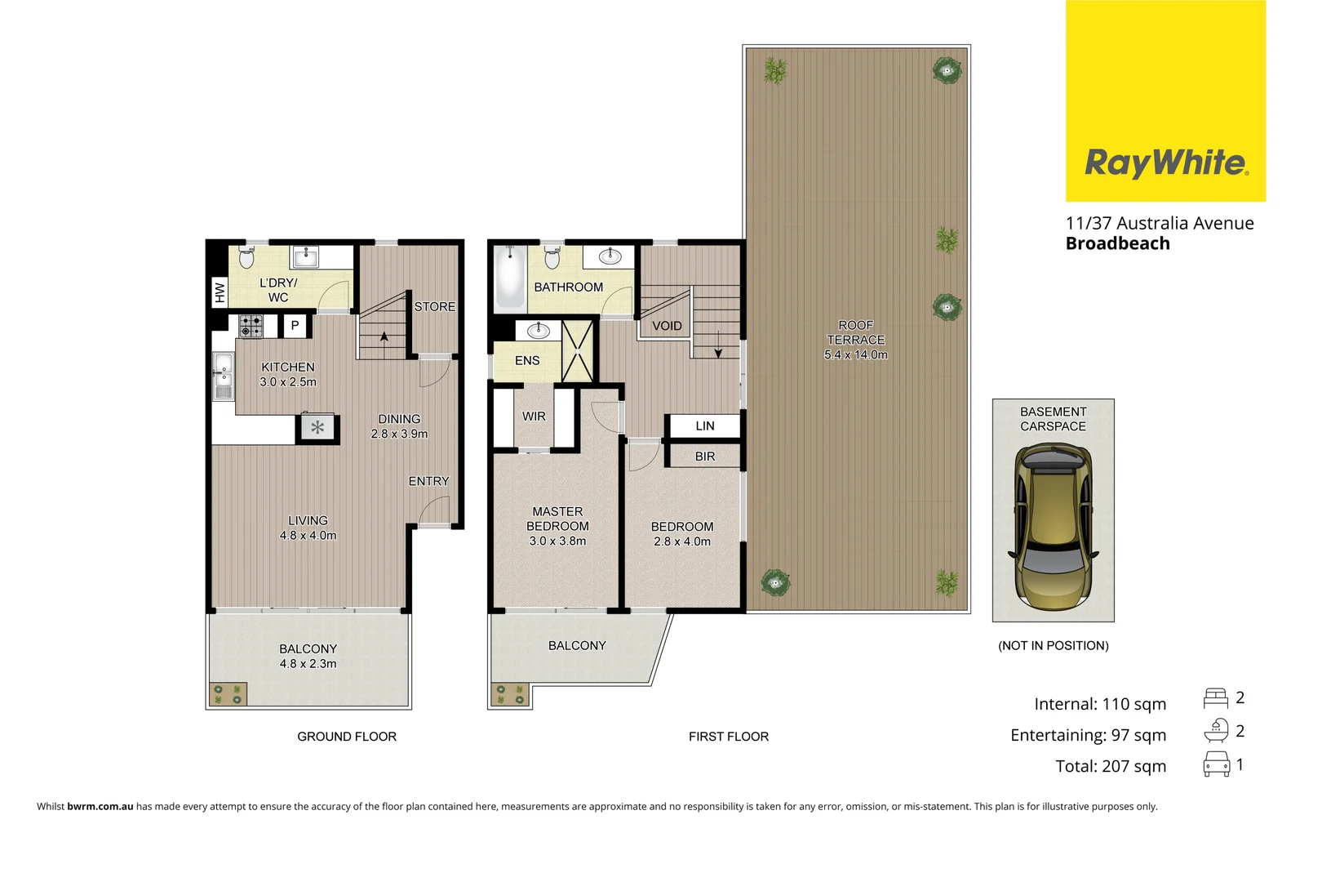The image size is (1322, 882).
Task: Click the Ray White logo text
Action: [x=1165, y=163]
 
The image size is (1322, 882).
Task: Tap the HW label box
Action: [x=219, y=292]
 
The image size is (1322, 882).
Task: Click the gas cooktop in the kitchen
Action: [x=251, y=326]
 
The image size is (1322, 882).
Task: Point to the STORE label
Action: [x=434, y=307]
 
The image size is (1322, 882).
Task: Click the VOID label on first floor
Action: [x=667, y=326]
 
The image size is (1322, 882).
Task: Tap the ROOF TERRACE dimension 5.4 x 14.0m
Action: [x=855, y=354]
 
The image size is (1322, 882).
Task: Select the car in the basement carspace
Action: [x=1053, y=528]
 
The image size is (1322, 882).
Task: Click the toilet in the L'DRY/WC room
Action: [x=246, y=258]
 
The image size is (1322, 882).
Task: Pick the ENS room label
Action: [x=527, y=360]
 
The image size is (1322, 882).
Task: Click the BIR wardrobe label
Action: [x=705, y=457]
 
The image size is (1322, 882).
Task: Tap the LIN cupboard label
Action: [x=705, y=425]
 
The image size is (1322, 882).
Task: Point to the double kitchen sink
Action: [x=223, y=376]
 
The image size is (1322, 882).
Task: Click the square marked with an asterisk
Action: [x=317, y=427]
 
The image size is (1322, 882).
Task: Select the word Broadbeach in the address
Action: [x=1117, y=243]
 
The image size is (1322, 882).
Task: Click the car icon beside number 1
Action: [x=1216, y=764]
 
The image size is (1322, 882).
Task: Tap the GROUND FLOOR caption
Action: [x=347, y=737]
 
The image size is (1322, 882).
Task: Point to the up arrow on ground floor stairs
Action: [x=384, y=336]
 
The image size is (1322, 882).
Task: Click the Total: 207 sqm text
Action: [x=1111, y=766]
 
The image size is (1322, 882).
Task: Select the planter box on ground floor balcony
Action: [x=228, y=694]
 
